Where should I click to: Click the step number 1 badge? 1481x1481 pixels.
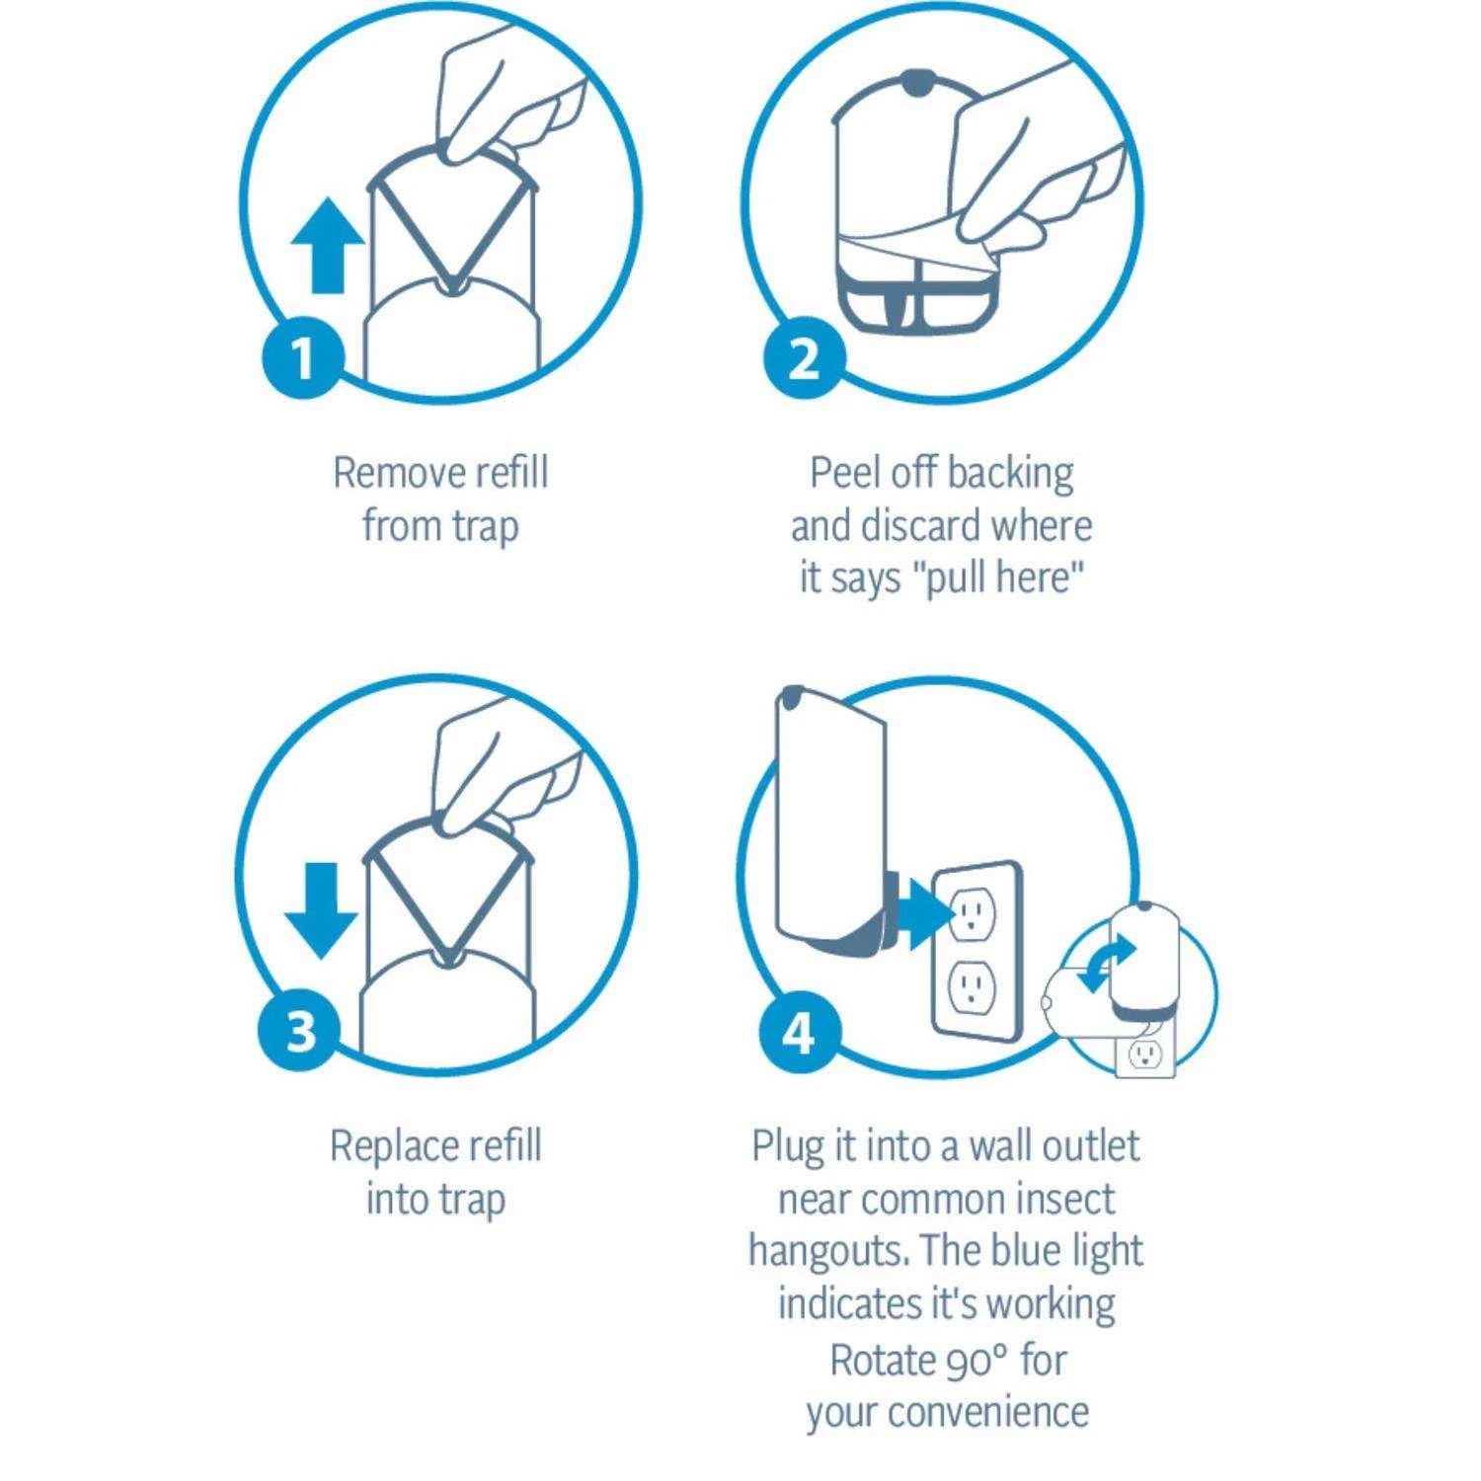click(x=303, y=356)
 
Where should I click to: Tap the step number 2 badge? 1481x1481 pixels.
click(x=806, y=356)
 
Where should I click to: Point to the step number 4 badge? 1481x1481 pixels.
click(x=800, y=1033)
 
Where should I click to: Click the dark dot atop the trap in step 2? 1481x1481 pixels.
click(x=916, y=84)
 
